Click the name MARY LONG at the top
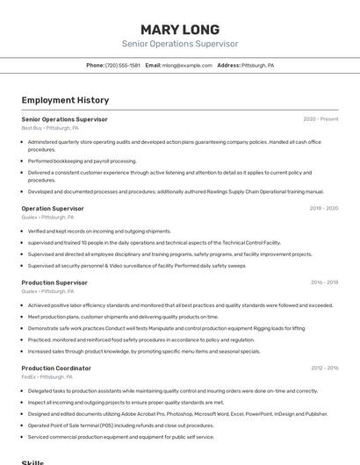[179, 30]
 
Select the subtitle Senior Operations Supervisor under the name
[179, 44]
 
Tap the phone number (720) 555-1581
[123, 65]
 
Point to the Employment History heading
[65, 100]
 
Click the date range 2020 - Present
[320, 119]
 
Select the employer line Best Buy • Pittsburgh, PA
[50, 128]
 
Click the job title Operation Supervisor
[53, 209]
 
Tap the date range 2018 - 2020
[323, 209]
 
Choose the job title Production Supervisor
[54, 283]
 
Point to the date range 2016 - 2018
[323, 283]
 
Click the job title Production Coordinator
[56, 368]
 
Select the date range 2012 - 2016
[323, 368]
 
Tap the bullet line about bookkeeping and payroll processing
[82, 161]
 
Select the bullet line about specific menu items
[144, 351]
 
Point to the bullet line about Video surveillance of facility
[136, 265]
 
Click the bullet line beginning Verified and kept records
[99, 231]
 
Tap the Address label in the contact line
[228, 65]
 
